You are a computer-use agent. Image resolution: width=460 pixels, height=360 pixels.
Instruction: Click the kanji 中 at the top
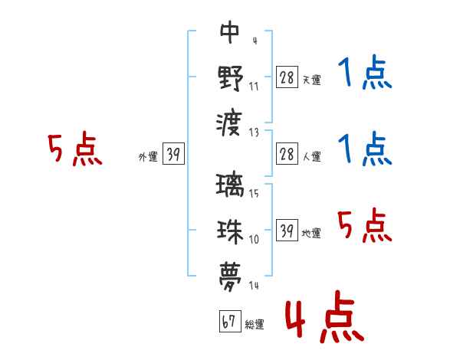pos(230,34)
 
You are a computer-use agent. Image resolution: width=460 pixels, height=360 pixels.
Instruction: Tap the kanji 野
pos(230,77)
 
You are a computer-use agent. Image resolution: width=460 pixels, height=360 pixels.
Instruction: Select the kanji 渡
pos(230,122)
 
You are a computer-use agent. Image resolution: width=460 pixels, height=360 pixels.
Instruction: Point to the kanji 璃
pos(230,186)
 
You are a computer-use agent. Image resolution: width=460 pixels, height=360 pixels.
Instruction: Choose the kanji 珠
pos(230,230)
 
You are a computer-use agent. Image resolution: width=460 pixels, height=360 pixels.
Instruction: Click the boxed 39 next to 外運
pos(173,155)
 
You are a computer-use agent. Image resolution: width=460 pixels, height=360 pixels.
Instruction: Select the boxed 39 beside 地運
pos(287,231)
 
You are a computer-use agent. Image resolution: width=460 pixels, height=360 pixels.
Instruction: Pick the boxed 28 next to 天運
pos(287,77)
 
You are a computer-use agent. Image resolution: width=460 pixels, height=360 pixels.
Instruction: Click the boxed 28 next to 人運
pos(287,155)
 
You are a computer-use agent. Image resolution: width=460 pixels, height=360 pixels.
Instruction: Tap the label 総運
pos(255,325)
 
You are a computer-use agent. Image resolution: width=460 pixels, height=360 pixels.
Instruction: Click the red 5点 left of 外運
pos(75,149)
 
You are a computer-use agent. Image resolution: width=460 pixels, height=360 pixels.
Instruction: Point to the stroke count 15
pos(255,194)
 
